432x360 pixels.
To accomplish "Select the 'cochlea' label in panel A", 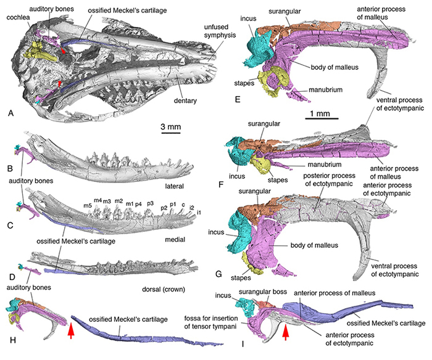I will [x=17, y=18].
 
